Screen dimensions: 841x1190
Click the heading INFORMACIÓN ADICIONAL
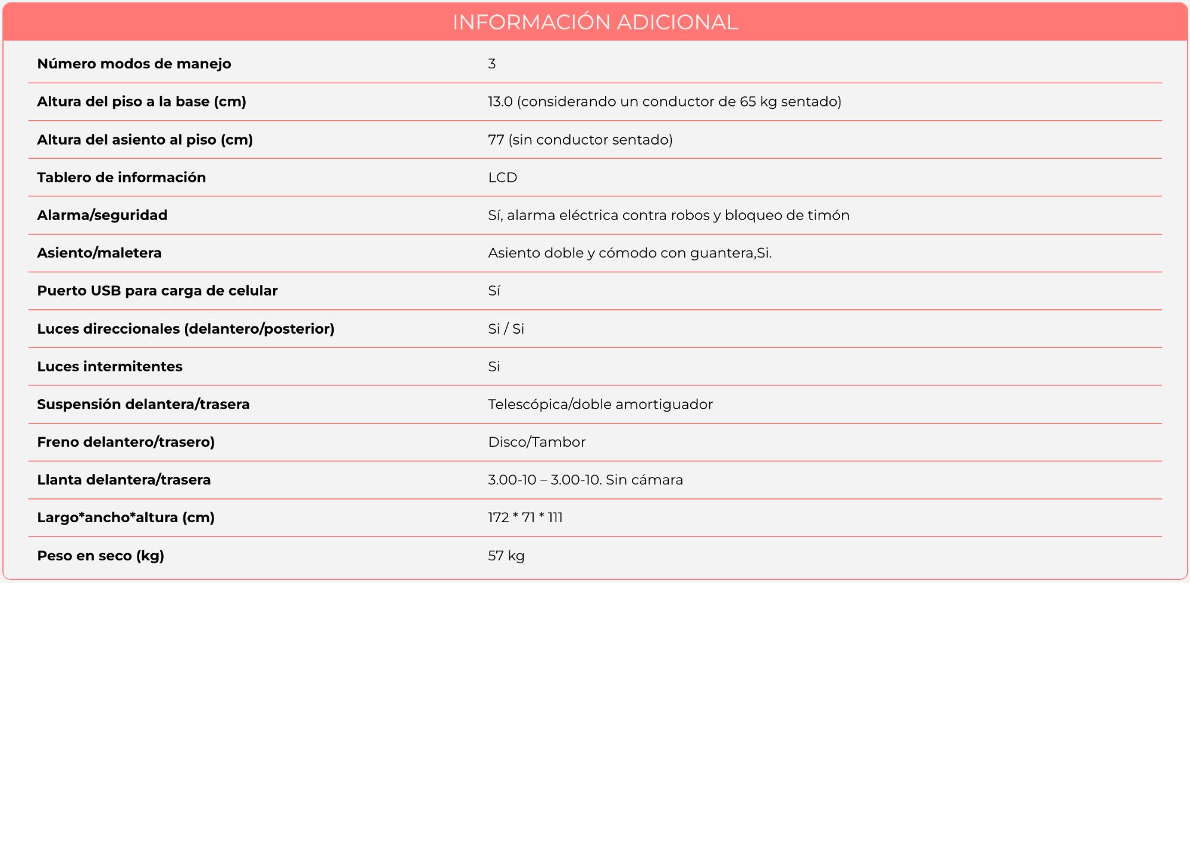tap(595, 22)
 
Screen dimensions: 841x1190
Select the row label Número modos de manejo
tap(134, 64)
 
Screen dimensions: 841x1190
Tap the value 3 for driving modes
tap(491, 64)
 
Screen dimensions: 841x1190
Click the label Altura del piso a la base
tap(142, 102)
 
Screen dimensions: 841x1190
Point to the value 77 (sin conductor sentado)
tap(580, 140)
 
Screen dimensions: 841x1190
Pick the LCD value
tap(502, 177)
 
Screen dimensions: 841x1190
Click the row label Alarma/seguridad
tap(102, 215)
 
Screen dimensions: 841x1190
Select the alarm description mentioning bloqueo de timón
tap(668, 215)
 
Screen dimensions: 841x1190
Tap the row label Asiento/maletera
tap(99, 253)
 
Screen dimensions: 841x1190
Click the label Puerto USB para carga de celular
tap(157, 291)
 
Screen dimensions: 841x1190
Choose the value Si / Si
tap(506, 329)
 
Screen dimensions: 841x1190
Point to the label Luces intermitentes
tap(109, 366)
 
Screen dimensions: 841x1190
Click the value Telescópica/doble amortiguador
tap(600, 404)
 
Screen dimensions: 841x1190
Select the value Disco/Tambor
tap(537, 442)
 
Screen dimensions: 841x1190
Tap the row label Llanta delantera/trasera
tap(124, 480)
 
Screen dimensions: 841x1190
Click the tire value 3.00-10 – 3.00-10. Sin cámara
tap(585, 480)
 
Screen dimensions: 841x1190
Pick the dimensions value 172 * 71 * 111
tap(525, 517)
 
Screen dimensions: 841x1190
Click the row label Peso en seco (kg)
tap(101, 556)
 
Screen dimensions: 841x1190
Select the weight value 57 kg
tap(506, 556)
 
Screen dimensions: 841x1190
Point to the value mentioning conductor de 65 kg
tap(664, 102)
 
